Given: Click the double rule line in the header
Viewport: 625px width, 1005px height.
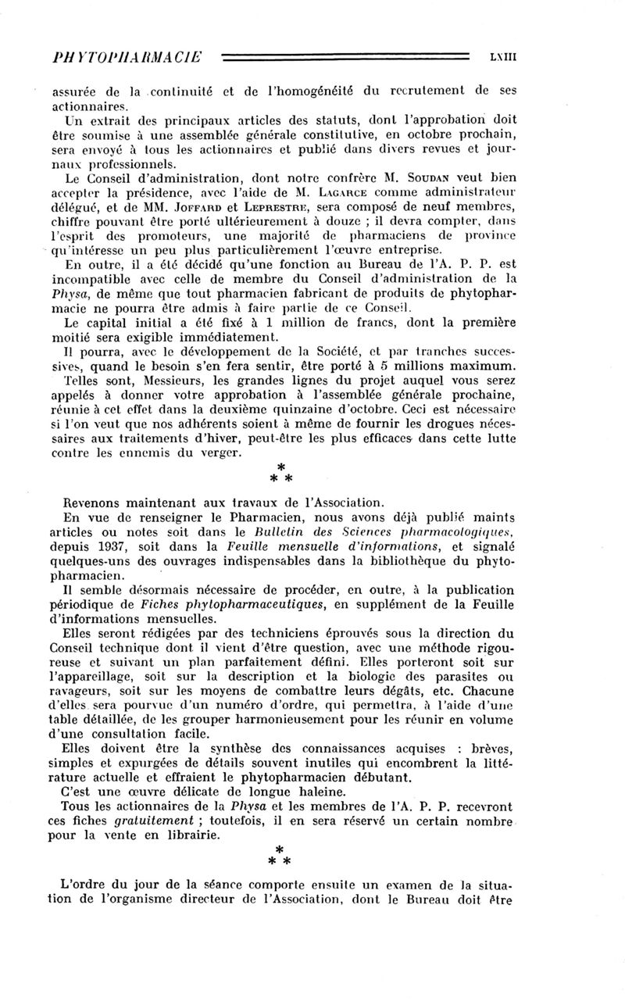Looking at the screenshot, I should (345, 56).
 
